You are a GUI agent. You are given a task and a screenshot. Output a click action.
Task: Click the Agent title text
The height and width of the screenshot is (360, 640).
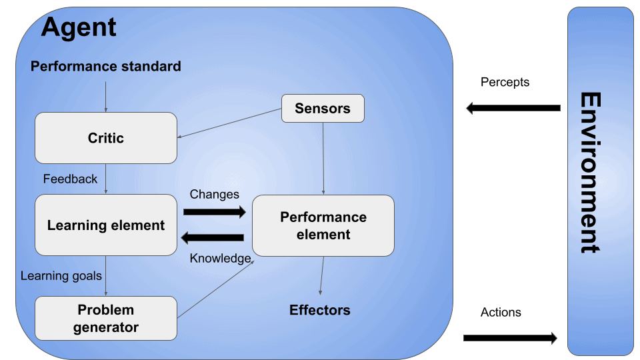click(x=79, y=27)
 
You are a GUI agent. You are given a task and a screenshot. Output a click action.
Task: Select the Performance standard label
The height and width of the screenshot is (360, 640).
click(x=105, y=67)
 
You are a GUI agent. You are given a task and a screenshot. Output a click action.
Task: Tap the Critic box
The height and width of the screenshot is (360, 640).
click(x=105, y=138)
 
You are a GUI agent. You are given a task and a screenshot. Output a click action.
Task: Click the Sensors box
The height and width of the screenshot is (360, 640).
click(x=323, y=109)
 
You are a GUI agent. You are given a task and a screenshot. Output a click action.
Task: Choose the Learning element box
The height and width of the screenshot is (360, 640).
click(x=105, y=225)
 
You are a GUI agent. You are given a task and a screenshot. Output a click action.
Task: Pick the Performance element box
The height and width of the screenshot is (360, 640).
click(x=323, y=226)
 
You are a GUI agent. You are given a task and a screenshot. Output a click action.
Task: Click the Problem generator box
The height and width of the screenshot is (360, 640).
click(x=105, y=318)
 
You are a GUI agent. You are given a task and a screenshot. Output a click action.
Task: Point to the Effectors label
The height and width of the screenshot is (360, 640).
click(x=319, y=310)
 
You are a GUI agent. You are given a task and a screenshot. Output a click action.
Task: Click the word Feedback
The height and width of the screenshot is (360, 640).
click(x=70, y=179)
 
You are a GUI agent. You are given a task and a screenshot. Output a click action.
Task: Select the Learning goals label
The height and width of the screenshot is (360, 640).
click(x=61, y=276)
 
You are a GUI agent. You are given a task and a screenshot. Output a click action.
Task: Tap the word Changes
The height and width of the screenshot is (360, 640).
click(x=214, y=195)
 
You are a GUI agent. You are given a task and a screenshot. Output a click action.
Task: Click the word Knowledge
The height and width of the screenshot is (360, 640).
click(x=220, y=258)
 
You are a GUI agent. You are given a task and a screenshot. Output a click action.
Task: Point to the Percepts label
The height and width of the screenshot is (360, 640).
click(x=505, y=82)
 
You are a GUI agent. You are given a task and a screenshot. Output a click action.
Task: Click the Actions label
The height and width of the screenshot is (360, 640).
click(x=501, y=312)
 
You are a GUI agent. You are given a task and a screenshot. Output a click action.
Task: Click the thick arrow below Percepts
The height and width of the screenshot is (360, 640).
click(x=513, y=108)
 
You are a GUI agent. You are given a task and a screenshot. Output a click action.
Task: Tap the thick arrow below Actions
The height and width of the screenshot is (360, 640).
click(x=509, y=338)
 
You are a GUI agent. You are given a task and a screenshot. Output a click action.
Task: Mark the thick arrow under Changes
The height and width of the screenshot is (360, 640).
click(x=214, y=212)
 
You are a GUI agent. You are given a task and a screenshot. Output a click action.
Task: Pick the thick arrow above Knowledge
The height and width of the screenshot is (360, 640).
click(x=214, y=237)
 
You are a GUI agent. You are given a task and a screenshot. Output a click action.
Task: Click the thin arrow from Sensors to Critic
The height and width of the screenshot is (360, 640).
click(x=230, y=123)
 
